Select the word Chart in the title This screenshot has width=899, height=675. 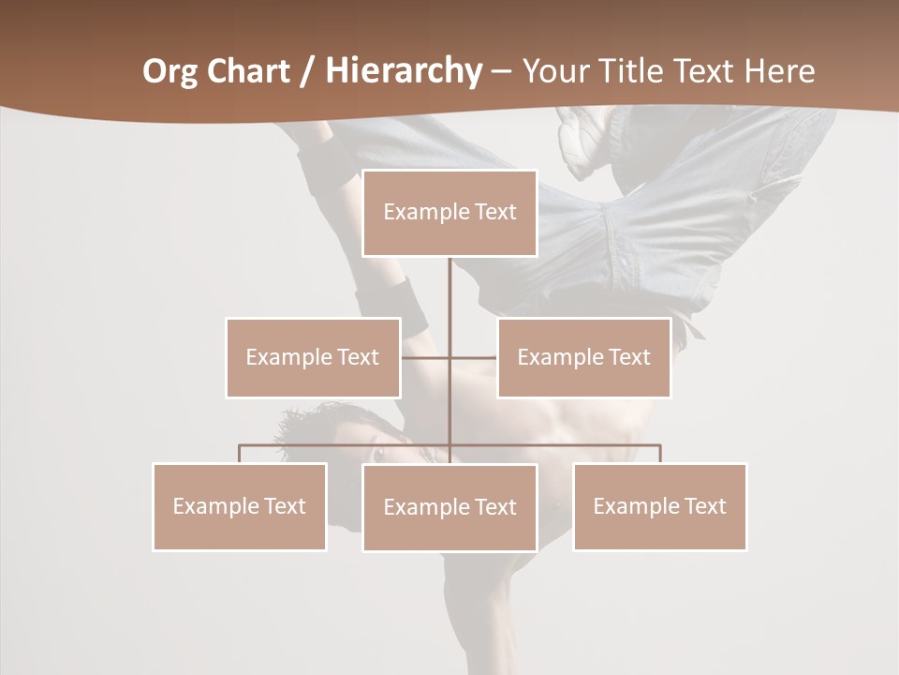coord(249,71)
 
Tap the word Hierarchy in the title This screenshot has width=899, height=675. coord(403,71)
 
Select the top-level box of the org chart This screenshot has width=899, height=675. coord(449,213)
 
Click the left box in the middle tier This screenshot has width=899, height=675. coord(313,357)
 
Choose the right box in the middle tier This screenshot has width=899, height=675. coord(583,357)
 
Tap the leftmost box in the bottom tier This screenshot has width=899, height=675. coord(240,506)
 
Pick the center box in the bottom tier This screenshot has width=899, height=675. coord(449,507)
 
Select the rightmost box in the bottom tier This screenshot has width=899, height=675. coord(659,506)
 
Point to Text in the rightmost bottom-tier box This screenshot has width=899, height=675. coord(704,506)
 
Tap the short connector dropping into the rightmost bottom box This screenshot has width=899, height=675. coord(660,453)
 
